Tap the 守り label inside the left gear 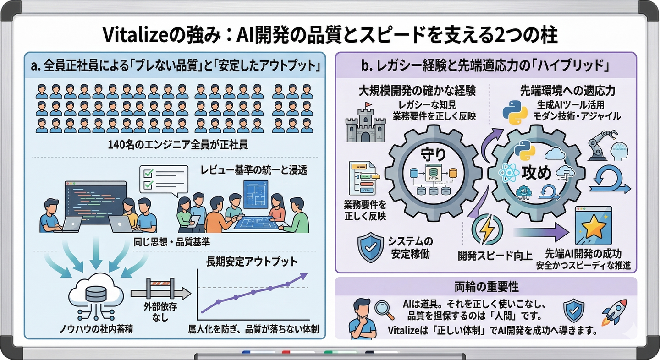point(433,154)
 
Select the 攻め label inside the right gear point(536,173)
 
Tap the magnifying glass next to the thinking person point(384,309)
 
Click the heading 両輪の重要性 point(486,287)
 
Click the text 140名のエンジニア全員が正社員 point(178,145)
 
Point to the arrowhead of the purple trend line point(303,276)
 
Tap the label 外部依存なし point(160,312)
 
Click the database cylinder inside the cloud point(95,292)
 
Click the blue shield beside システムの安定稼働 point(370,247)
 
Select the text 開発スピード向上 point(495,256)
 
